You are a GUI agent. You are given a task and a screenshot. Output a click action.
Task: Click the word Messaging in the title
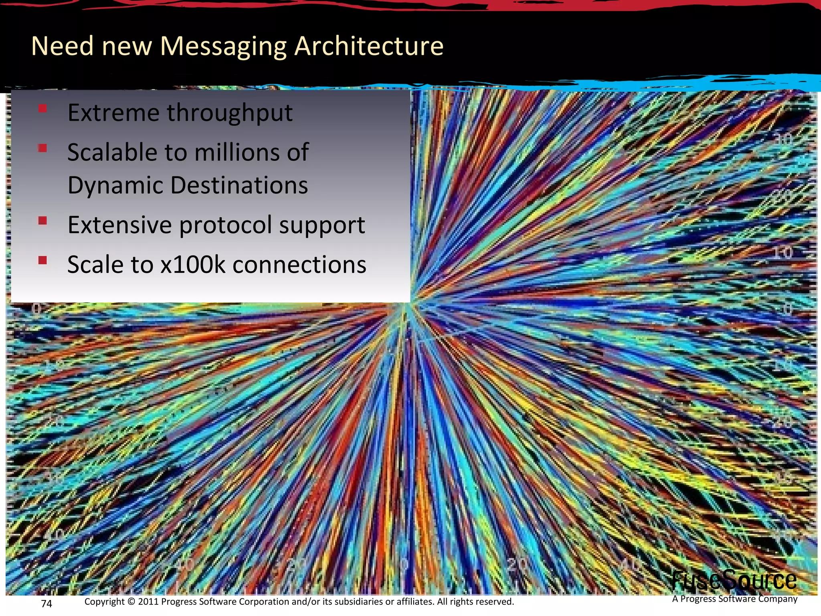click(x=223, y=47)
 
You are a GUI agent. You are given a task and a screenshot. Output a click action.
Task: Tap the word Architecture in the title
click(x=369, y=46)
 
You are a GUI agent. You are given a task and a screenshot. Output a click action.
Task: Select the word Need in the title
click(x=62, y=46)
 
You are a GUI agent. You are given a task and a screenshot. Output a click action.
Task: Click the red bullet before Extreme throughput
click(x=43, y=108)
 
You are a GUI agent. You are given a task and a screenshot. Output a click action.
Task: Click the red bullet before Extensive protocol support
click(x=43, y=221)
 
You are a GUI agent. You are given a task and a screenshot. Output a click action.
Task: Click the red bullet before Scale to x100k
click(x=43, y=261)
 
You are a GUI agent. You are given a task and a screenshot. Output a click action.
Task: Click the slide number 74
click(x=47, y=604)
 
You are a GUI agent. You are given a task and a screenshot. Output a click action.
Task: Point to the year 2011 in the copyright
click(x=148, y=602)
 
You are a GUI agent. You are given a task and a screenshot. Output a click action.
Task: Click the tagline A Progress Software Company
click(x=734, y=599)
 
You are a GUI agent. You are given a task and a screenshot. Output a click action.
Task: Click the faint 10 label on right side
click(x=782, y=253)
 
